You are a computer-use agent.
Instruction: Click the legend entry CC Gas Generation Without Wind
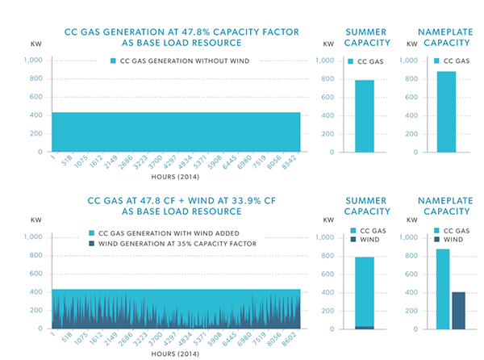179,60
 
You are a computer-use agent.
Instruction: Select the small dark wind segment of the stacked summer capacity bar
365,327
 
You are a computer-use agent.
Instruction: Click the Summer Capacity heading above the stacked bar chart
366,205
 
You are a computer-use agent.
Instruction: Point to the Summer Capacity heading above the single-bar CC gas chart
366,37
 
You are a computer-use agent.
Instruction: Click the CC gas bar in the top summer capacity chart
365,115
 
